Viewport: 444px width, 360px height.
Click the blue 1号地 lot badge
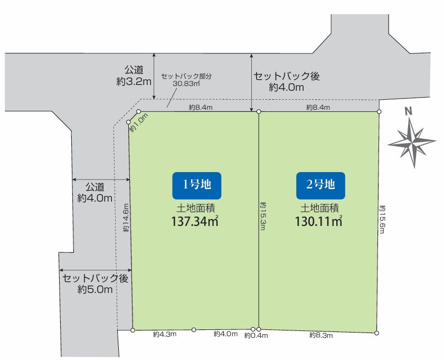tap(196, 185)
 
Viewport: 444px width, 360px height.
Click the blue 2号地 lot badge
tap(320, 185)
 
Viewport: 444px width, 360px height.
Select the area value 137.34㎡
tap(195, 222)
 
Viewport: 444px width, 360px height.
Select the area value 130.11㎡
tap(319, 222)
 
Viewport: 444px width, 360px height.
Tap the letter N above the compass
tap(408, 111)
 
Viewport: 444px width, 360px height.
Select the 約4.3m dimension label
tap(165, 334)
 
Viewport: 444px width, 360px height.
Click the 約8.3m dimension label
tap(320, 335)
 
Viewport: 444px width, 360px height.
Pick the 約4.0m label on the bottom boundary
tap(225, 334)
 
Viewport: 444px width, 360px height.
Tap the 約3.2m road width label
tap(134, 82)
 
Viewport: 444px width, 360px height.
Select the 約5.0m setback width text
tap(95, 289)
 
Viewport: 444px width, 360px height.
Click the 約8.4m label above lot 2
tap(318, 108)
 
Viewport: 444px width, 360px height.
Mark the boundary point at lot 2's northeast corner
tap(379, 112)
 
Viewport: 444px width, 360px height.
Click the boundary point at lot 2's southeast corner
tap(376, 333)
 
